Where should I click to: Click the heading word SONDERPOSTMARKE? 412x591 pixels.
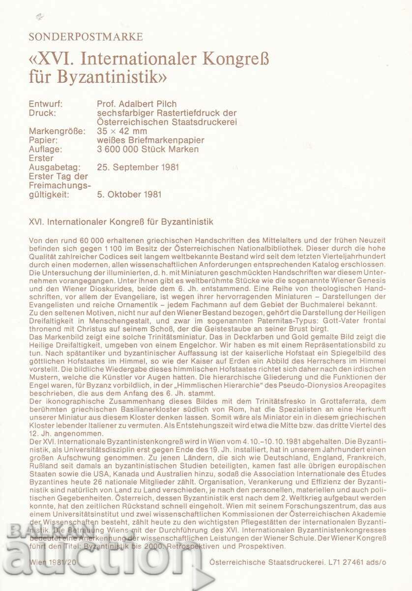pos(86,37)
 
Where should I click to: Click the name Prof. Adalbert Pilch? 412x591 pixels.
pos(137,104)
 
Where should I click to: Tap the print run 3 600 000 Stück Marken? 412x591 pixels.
pos(148,149)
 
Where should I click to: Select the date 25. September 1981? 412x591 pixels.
pos(138,167)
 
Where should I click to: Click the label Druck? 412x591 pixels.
pos(42,113)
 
